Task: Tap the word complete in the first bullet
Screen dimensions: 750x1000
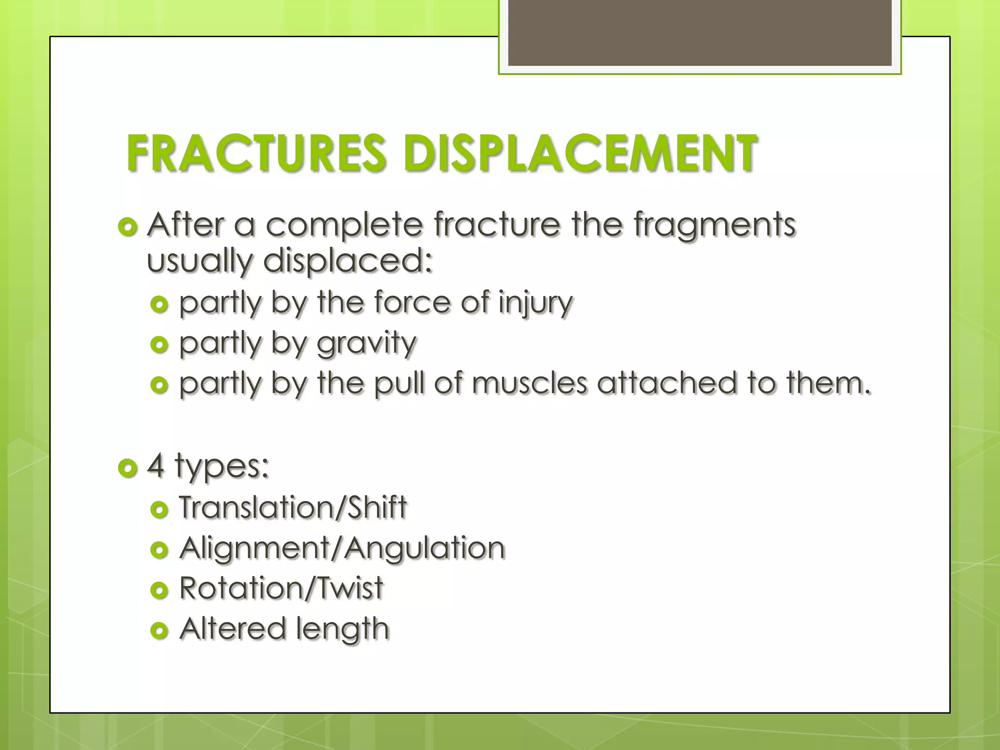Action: tap(344, 225)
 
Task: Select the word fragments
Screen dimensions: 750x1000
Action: tap(715, 226)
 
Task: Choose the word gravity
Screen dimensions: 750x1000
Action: tap(366, 343)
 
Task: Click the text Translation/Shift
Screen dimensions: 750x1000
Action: tap(293, 507)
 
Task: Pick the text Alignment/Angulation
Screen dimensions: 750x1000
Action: tap(342, 548)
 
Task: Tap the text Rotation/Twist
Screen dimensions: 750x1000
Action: tap(281, 588)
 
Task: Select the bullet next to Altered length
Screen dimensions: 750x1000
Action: tap(159, 630)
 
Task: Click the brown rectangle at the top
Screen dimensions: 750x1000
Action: tap(700, 33)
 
